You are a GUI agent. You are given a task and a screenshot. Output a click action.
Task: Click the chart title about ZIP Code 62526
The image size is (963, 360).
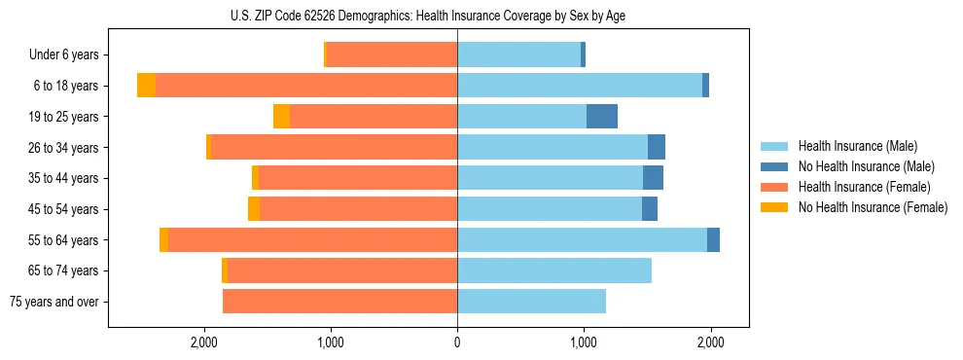[x=428, y=16]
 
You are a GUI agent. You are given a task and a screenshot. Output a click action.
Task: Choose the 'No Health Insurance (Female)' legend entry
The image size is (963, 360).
[x=873, y=207]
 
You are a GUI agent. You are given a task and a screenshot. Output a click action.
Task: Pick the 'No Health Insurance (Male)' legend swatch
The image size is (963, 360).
[x=774, y=166]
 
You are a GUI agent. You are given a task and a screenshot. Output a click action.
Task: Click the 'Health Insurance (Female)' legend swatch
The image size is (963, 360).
[x=774, y=187]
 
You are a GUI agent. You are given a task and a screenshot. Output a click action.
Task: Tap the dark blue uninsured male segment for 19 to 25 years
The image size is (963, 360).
[x=602, y=117]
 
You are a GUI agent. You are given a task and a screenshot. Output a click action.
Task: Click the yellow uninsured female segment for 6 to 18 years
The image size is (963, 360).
[x=146, y=86]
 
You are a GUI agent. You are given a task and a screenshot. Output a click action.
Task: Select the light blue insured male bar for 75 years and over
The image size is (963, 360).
[x=531, y=302]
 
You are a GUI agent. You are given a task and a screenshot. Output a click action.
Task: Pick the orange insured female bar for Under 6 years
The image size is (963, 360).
[x=392, y=55]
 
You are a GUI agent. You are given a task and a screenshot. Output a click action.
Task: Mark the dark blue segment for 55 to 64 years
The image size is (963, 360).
[x=713, y=240]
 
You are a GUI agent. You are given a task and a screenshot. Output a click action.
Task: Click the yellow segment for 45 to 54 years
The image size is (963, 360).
[x=254, y=209]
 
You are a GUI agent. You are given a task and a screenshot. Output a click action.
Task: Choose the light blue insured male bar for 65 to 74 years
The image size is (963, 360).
[x=554, y=270]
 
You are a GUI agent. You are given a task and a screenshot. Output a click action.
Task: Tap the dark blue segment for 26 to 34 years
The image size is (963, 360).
[x=657, y=148]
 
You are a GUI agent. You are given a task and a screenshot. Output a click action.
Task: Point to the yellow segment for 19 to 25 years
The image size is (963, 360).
[x=281, y=117]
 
